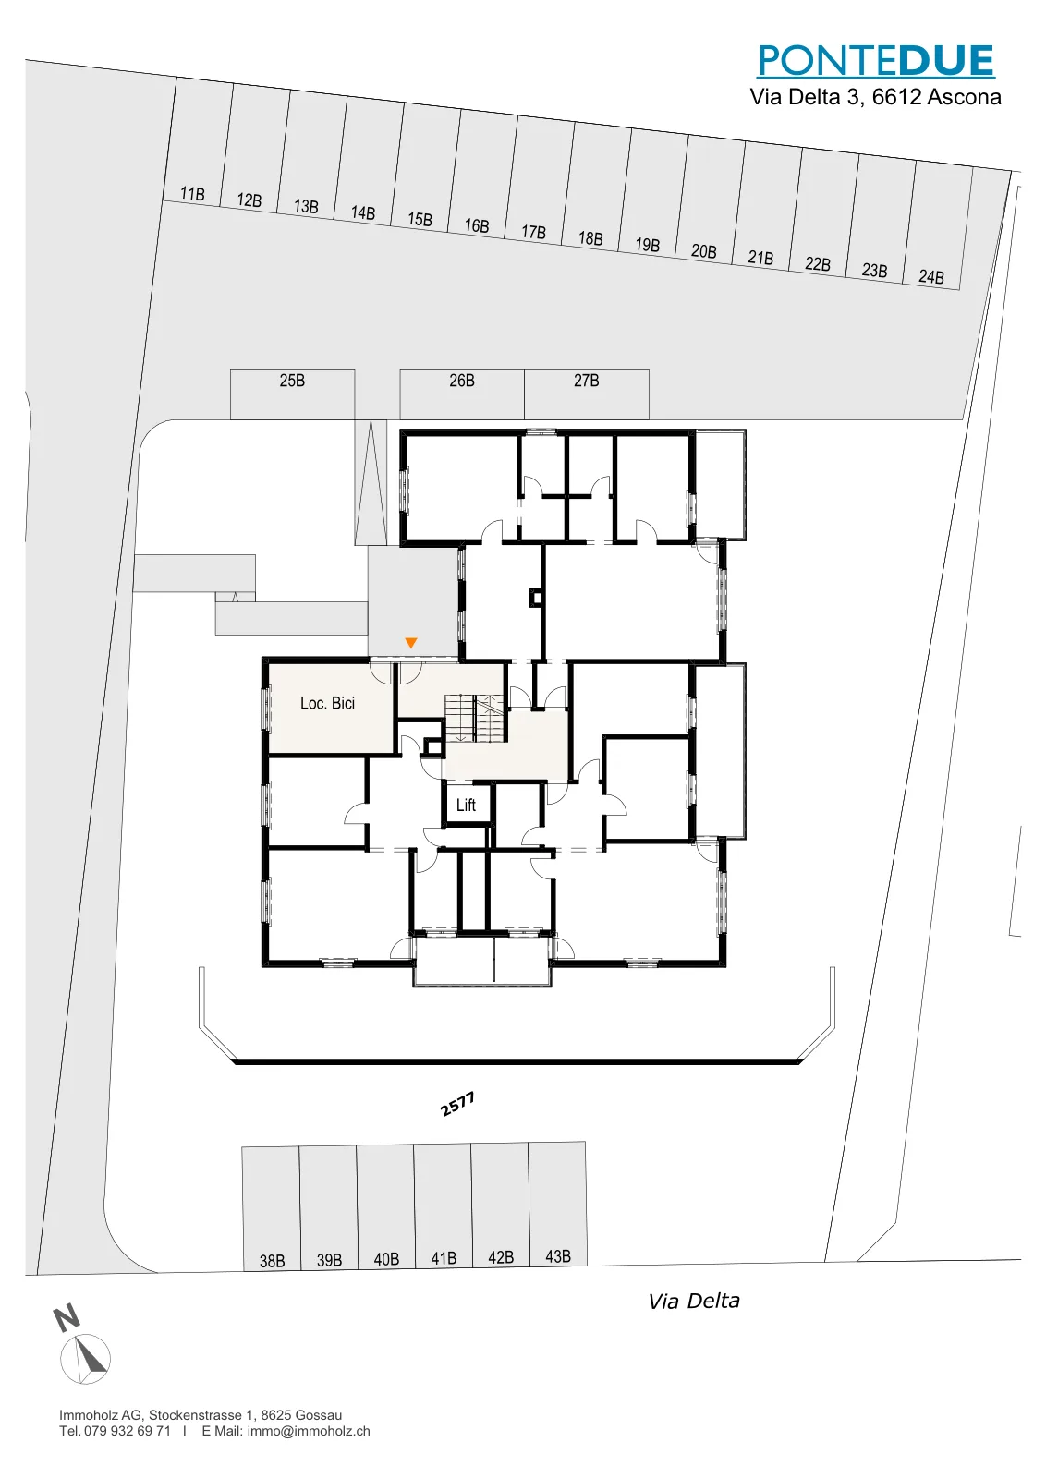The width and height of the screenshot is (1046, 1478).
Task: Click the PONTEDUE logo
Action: click(876, 61)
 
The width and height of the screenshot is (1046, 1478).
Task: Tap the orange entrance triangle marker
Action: click(410, 642)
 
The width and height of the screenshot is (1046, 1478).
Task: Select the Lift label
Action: click(466, 805)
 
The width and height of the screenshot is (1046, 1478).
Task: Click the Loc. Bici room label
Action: click(327, 703)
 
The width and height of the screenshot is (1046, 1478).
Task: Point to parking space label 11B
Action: click(192, 194)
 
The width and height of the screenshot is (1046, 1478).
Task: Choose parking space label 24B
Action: click(931, 277)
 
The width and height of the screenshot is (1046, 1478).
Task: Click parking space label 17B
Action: click(533, 232)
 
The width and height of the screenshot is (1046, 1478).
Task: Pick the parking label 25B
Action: click(292, 381)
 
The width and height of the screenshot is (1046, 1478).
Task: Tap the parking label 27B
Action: click(586, 381)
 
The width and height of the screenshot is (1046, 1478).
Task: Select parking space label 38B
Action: click(272, 1261)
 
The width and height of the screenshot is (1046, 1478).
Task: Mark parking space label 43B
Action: click(557, 1256)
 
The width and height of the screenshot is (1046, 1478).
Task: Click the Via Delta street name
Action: click(694, 1302)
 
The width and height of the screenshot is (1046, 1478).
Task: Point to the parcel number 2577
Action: click(457, 1104)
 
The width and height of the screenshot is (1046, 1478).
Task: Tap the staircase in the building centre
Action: click(475, 717)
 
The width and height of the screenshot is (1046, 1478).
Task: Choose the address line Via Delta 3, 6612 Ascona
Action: click(875, 97)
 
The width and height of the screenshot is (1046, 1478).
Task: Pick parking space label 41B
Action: click(444, 1258)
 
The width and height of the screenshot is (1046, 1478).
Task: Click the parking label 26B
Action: click(462, 381)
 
